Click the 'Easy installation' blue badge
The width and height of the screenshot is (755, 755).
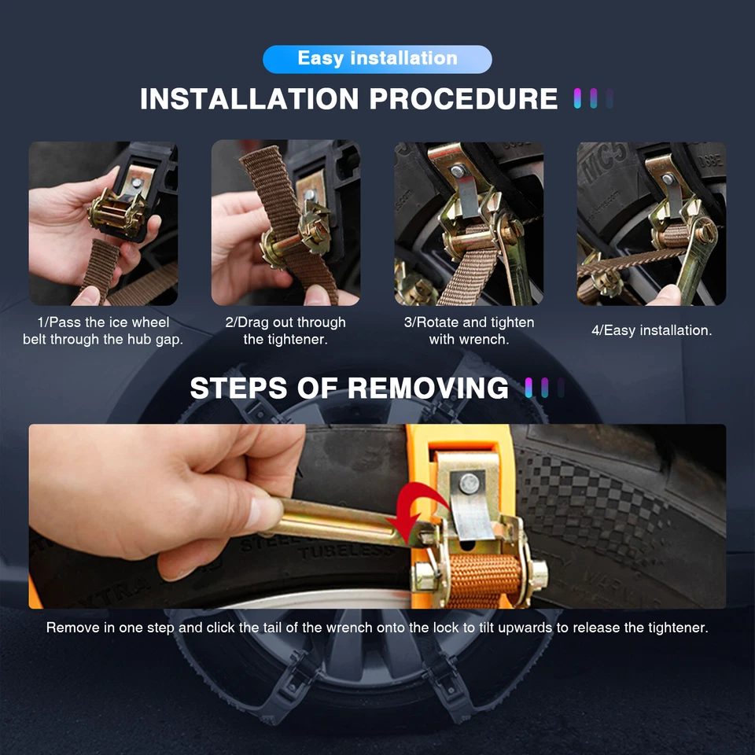[377, 59]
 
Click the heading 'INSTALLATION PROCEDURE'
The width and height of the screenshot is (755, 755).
[348, 100]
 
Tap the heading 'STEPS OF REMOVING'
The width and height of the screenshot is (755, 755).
[349, 389]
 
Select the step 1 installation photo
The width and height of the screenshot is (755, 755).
[103, 223]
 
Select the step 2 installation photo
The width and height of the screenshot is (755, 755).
[285, 223]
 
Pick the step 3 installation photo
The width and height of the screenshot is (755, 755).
[469, 223]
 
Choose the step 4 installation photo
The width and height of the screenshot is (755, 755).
[651, 223]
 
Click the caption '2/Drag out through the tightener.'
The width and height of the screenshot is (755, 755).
[285, 331]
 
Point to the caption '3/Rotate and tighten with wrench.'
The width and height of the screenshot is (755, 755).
[469, 331]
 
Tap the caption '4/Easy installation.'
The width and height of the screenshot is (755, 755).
[651, 331]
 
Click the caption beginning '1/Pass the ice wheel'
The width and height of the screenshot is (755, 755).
[103, 331]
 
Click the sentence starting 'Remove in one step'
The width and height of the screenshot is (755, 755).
[377, 628]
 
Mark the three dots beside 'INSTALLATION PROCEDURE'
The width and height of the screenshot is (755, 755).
[593, 99]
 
